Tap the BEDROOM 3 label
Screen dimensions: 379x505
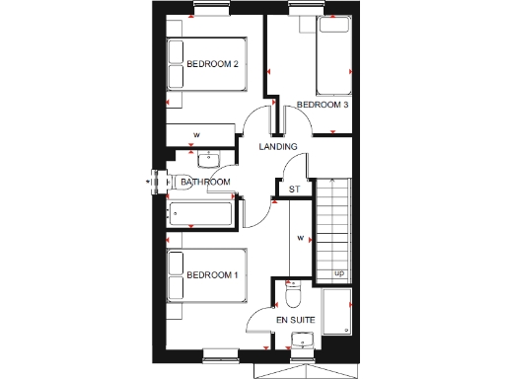[x=324, y=104]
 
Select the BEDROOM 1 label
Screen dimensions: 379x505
[x=213, y=274]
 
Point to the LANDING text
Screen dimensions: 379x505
[x=278, y=147]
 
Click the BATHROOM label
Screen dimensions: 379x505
[x=205, y=182]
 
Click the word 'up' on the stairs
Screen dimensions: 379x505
[x=339, y=272]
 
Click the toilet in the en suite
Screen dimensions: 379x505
[x=292, y=296]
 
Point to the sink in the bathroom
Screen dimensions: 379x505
[x=208, y=159]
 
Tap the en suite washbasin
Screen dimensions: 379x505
[x=302, y=341]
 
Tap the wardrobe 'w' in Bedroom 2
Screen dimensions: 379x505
[x=197, y=135]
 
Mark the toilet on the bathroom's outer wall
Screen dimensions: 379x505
[x=161, y=182]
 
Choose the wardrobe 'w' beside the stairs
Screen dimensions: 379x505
[x=299, y=238]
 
